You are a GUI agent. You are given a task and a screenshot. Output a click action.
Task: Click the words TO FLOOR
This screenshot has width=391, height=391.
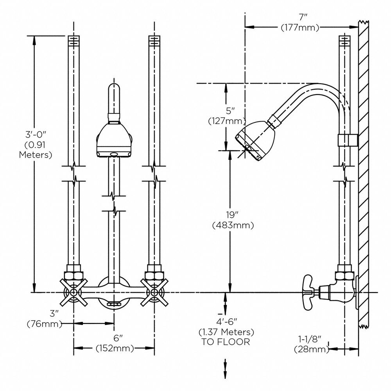(x=226, y=342)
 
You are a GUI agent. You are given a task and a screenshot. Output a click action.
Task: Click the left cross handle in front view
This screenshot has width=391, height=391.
(x=74, y=292)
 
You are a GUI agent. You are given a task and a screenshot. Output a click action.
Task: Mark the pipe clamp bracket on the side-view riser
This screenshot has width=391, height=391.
(x=347, y=140)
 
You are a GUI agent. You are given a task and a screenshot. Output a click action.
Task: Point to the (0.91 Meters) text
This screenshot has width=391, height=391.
(x=36, y=150)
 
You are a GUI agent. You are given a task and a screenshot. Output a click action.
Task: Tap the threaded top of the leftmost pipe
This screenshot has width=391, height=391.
(x=74, y=40)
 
